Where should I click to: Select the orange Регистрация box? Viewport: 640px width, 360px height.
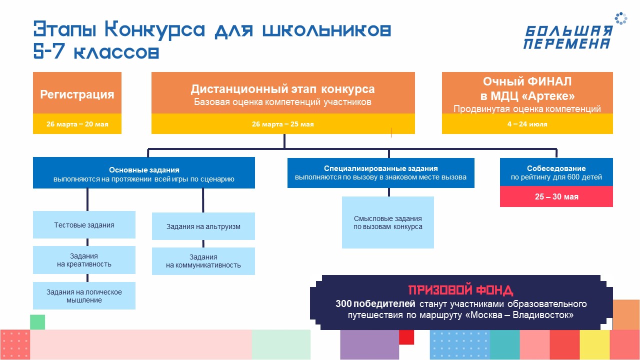[77, 94]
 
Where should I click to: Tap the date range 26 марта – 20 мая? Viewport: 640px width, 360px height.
[77, 124]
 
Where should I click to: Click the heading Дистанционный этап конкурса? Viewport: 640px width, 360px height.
[282, 89]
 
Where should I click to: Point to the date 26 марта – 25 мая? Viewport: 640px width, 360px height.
[282, 124]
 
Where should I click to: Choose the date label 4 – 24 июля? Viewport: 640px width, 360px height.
[527, 124]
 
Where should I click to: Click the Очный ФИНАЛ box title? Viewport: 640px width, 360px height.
[527, 88]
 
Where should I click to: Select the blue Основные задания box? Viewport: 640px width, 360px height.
[144, 173]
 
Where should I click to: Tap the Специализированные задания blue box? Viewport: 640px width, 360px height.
[380, 173]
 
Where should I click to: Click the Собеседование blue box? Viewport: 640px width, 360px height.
[556, 172]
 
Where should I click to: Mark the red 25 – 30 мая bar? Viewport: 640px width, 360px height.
[556, 196]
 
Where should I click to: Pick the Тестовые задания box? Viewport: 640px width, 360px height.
[84, 225]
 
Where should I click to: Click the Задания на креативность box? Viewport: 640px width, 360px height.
[84, 260]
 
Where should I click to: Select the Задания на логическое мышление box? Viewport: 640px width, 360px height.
[84, 296]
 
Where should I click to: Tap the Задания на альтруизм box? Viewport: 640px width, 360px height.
[203, 226]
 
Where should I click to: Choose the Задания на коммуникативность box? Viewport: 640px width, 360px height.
[203, 261]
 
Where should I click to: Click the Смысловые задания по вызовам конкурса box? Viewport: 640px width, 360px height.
[387, 222]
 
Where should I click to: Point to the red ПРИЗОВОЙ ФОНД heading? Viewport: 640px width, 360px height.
[460, 290]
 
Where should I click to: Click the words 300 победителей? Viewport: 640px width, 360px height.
[375, 303]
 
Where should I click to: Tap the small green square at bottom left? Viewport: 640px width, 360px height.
[37, 322]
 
